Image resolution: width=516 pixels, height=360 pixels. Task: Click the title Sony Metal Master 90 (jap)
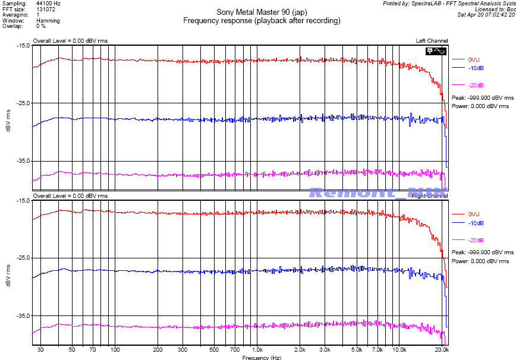[x=262, y=12]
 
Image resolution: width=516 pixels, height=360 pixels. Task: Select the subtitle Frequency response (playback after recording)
[x=262, y=20]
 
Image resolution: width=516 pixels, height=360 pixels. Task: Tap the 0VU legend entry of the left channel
[x=474, y=59]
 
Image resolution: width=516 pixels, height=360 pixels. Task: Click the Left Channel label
[x=432, y=40]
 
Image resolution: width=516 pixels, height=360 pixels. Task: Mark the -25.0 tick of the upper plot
[x=23, y=103]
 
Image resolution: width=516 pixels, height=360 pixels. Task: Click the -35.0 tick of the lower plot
[x=23, y=315]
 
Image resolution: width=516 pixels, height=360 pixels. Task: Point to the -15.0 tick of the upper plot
[x=23, y=45]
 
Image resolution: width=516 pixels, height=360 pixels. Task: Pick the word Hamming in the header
[x=48, y=20]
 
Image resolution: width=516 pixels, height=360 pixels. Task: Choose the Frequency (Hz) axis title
[x=262, y=358]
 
